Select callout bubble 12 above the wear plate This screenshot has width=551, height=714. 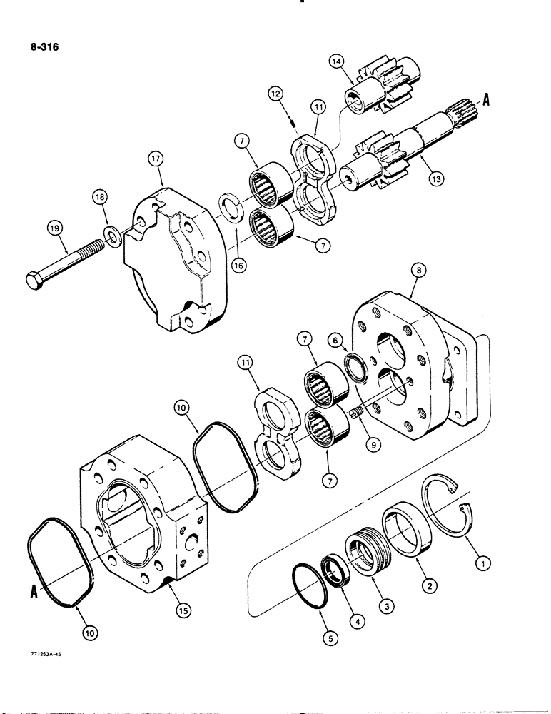275,93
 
